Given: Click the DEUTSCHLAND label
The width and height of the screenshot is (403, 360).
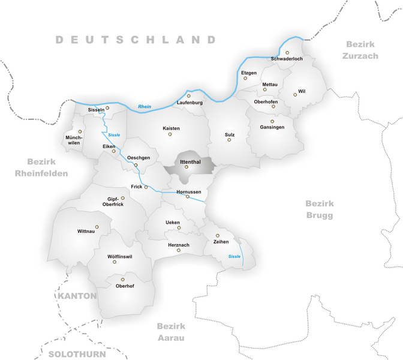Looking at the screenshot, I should (136, 40).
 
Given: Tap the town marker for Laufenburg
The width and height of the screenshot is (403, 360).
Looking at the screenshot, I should (189, 95).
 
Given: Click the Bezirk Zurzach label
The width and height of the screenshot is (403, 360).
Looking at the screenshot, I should (361, 50).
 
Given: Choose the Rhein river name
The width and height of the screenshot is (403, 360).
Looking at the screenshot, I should (145, 107).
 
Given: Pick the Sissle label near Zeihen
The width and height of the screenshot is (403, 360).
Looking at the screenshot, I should (234, 256).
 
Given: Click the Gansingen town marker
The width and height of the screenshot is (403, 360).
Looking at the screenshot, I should (272, 121).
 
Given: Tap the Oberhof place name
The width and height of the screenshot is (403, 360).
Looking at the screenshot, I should (123, 287).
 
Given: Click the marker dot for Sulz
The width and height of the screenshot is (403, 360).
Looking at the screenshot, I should (229, 140).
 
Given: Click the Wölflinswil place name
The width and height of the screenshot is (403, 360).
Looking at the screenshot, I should (119, 257).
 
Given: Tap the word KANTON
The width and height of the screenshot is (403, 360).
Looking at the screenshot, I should (77, 296).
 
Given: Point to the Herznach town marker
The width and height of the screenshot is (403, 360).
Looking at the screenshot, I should (179, 250).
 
